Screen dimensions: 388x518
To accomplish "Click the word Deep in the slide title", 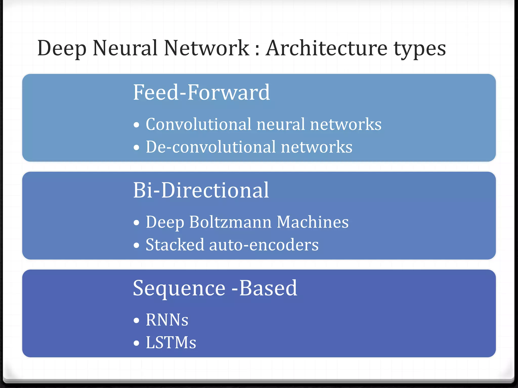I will [62, 48].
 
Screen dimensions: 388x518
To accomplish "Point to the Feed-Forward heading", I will [201, 92].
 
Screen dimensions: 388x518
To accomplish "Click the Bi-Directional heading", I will [201, 190].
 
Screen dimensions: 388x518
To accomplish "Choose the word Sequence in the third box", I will [179, 288].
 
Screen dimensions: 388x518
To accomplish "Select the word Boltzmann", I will [230, 222].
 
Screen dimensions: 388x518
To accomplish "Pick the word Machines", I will [313, 222].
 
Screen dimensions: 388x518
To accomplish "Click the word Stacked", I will [175, 245].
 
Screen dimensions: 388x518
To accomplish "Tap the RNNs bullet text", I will [167, 320].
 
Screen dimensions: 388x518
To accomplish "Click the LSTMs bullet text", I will [171, 343].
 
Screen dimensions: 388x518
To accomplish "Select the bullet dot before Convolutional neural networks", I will [137, 125].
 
